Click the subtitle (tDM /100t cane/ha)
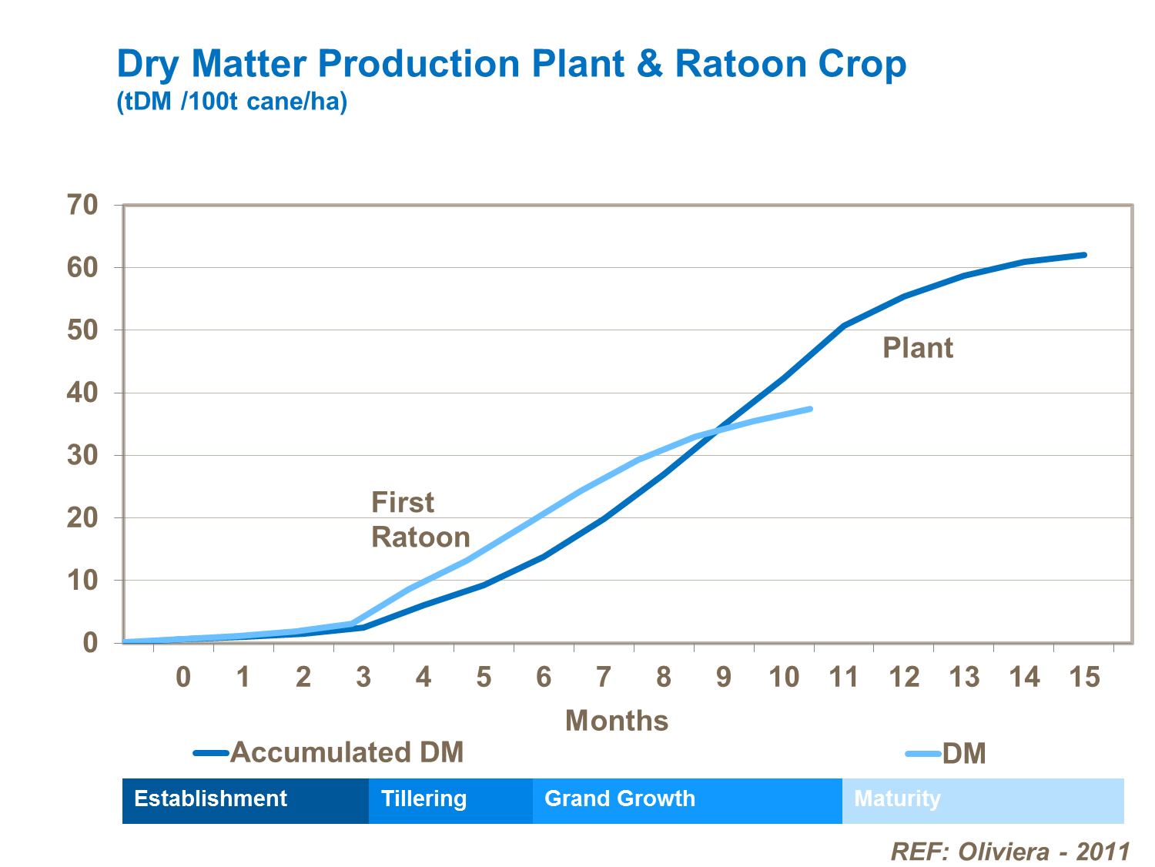pyautogui.click(x=232, y=102)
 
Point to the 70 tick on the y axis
pyautogui.click(x=83, y=205)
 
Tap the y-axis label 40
pyautogui.click(x=83, y=393)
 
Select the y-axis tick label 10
pyautogui.click(x=83, y=580)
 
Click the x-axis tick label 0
pyautogui.click(x=183, y=677)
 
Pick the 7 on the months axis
pyautogui.click(x=604, y=677)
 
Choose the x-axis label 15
pyautogui.click(x=1085, y=677)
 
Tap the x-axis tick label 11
pyautogui.click(x=844, y=677)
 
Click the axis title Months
pyautogui.click(x=617, y=721)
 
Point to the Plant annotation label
pyautogui.click(x=918, y=348)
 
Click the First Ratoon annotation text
pyautogui.click(x=420, y=520)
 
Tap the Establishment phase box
pyautogui.click(x=246, y=801)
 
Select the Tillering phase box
pyautogui.click(x=450, y=801)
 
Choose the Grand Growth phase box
pyautogui.click(x=687, y=801)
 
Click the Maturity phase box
pyautogui.click(x=983, y=801)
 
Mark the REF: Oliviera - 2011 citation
pyautogui.click(x=1010, y=852)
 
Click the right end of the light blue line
pyautogui.click(x=810, y=409)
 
